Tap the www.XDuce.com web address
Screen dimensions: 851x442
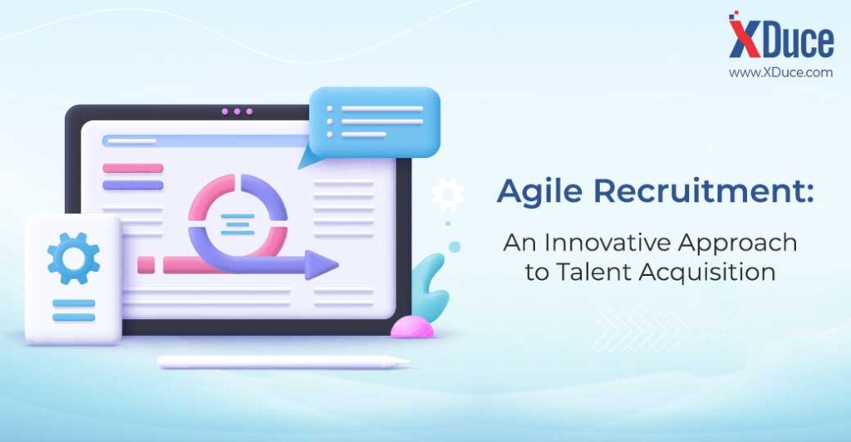tap(780, 72)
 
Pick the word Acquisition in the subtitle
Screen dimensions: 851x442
tap(707, 273)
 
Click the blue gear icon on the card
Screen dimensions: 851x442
tap(73, 258)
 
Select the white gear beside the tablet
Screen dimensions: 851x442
tap(447, 194)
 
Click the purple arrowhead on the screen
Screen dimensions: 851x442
tap(322, 265)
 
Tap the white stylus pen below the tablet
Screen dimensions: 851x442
tap(284, 361)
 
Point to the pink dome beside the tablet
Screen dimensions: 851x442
tap(412, 327)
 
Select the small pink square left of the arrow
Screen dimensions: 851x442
tap(146, 265)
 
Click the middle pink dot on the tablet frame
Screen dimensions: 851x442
tap(237, 111)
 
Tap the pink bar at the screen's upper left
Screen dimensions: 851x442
tap(133, 168)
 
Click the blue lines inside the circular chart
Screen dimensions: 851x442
tap(238, 224)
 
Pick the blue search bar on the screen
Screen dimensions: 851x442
tap(205, 141)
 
